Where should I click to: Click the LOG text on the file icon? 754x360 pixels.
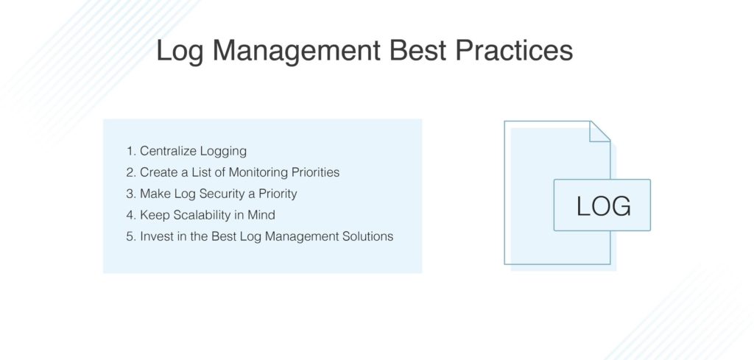[x=603, y=206]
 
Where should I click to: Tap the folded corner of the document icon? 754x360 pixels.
[x=600, y=131]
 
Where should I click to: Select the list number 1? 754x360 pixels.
[x=130, y=152]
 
